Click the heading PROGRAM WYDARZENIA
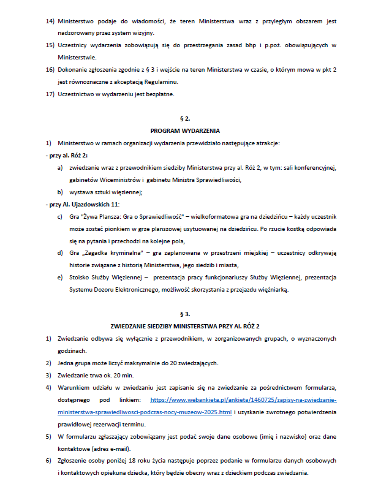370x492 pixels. coord(185,131)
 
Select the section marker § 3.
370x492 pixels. coord(185,313)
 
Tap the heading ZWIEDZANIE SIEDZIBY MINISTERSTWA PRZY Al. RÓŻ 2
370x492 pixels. coord(185,325)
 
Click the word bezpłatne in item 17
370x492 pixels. coord(160,94)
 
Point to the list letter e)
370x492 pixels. coord(59,278)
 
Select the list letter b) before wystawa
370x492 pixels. coord(59,192)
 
